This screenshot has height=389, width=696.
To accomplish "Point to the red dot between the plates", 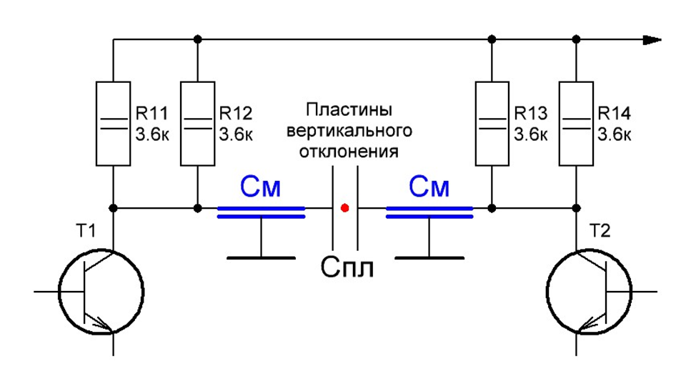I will click(x=345, y=209).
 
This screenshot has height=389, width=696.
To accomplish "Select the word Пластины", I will click(x=349, y=112).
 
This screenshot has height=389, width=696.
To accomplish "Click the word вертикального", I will click(x=349, y=132).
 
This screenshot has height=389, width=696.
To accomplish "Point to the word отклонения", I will click(x=349, y=152).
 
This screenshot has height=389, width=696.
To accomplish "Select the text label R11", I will click(x=151, y=114).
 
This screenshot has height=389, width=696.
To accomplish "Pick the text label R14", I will click(x=614, y=114).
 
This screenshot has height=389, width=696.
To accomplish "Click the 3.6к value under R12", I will click(x=235, y=133).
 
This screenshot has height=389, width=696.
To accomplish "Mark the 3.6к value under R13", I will click(x=530, y=133).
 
